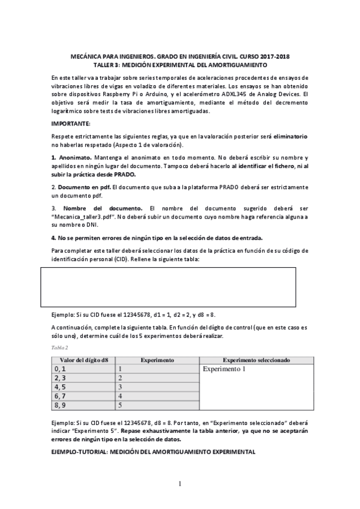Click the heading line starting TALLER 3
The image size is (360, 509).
click(x=180, y=64)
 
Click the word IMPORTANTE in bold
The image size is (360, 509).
click(x=70, y=124)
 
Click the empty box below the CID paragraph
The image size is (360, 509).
click(x=168, y=287)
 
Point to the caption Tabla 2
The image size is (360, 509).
click(x=59, y=348)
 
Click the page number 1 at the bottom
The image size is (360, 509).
click(x=179, y=483)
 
